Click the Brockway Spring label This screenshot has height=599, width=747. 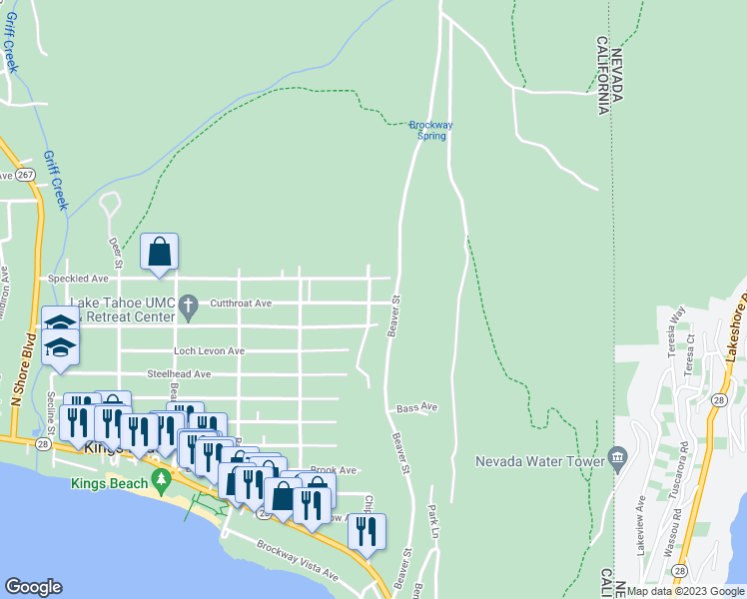click(x=431, y=130)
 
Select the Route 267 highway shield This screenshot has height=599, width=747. click(x=27, y=175)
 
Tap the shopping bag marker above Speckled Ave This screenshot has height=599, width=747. click(x=160, y=254)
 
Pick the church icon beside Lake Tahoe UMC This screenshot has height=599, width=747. click(x=186, y=303)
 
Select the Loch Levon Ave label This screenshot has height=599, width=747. click(x=209, y=351)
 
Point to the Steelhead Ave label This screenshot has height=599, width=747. click(x=179, y=374)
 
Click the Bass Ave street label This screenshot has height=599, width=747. click(x=416, y=407)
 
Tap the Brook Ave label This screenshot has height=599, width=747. click(x=333, y=469)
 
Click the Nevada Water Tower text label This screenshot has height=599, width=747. click(x=540, y=461)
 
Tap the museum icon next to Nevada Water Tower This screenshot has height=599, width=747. click(x=618, y=459)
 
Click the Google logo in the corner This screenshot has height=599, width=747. click(x=33, y=587)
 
